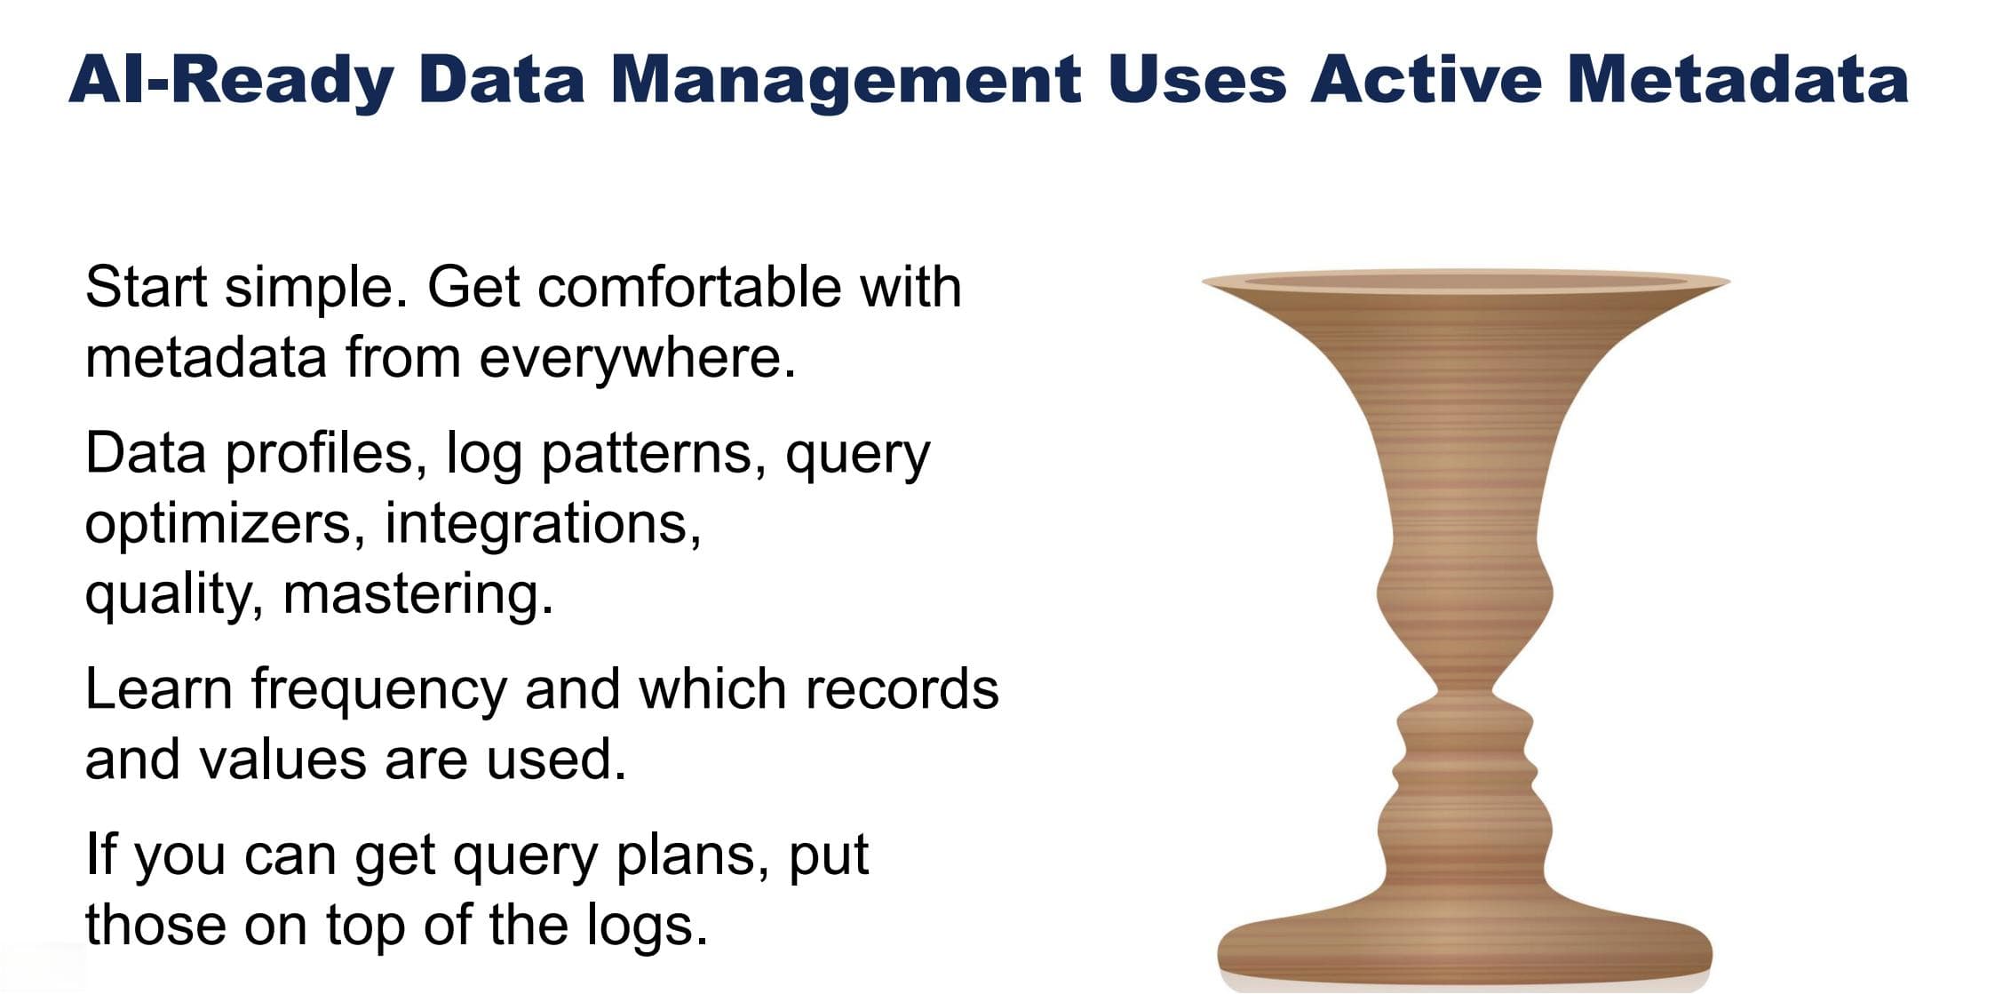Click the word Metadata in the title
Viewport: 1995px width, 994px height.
pyautogui.click(x=1737, y=79)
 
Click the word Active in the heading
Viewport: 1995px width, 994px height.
pyautogui.click(x=1426, y=79)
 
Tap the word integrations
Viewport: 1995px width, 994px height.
pyautogui.click(x=543, y=524)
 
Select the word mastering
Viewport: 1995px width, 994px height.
pyautogui.click(x=417, y=593)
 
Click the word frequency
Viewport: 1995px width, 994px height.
pyautogui.click(x=378, y=690)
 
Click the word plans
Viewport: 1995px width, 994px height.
pyautogui.click(x=692, y=856)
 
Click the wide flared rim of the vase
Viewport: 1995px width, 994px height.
pyautogui.click(x=1466, y=282)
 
